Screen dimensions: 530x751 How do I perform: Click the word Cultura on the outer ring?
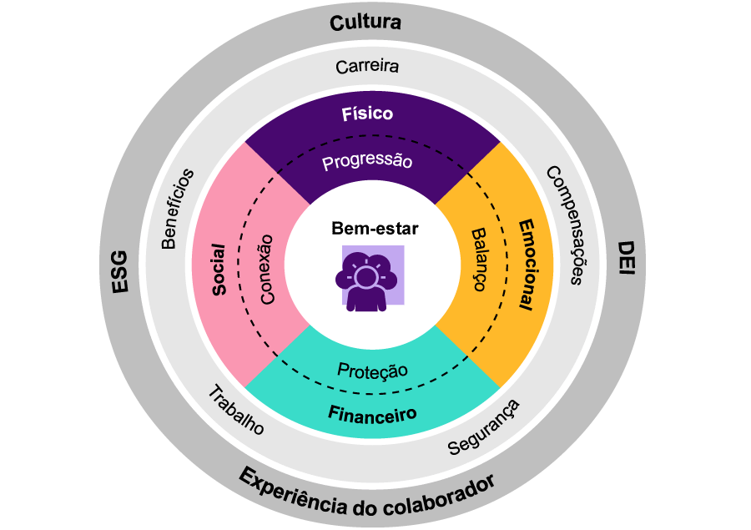(x=365, y=23)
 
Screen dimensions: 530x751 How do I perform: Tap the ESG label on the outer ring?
(x=120, y=270)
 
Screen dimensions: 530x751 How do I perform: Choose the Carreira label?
(x=366, y=66)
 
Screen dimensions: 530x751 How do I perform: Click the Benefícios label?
(x=177, y=209)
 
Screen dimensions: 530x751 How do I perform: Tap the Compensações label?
(x=563, y=225)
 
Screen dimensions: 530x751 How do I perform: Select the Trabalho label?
(x=235, y=411)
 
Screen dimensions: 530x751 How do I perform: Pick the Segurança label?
(x=484, y=427)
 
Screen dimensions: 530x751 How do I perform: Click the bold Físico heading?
(x=367, y=114)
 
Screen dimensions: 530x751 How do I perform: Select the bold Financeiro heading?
(x=372, y=413)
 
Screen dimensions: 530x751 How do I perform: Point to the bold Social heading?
(x=219, y=269)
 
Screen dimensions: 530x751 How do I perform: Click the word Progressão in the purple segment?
(x=367, y=161)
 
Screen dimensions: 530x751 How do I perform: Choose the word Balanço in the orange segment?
(x=478, y=260)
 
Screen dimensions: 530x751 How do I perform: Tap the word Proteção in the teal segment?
(x=372, y=370)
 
